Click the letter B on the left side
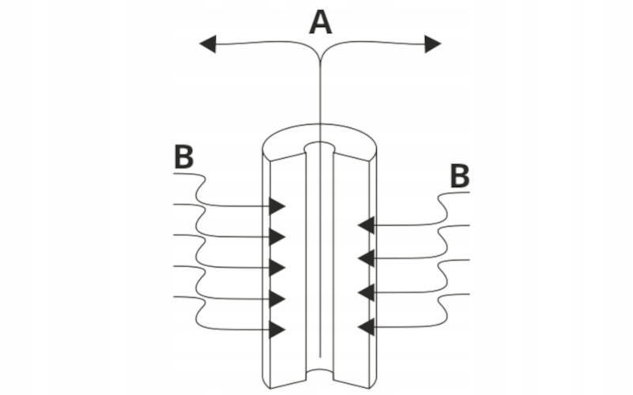(x=183, y=157)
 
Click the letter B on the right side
(x=459, y=176)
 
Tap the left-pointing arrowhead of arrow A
(x=207, y=44)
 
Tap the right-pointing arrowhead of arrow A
(x=432, y=44)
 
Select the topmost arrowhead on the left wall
(x=276, y=206)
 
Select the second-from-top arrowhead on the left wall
(x=276, y=236)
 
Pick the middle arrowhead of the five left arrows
(x=276, y=267)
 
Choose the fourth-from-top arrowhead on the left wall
(x=276, y=299)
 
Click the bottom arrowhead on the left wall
(x=276, y=329)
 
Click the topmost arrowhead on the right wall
(x=366, y=226)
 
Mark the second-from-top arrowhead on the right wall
(x=366, y=257)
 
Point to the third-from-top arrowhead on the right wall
(x=366, y=292)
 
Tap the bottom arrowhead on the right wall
(x=366, y=325)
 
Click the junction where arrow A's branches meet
(x=320, y=54)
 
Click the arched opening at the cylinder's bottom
(x=320, y=376)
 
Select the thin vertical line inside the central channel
(x=319, y=261)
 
